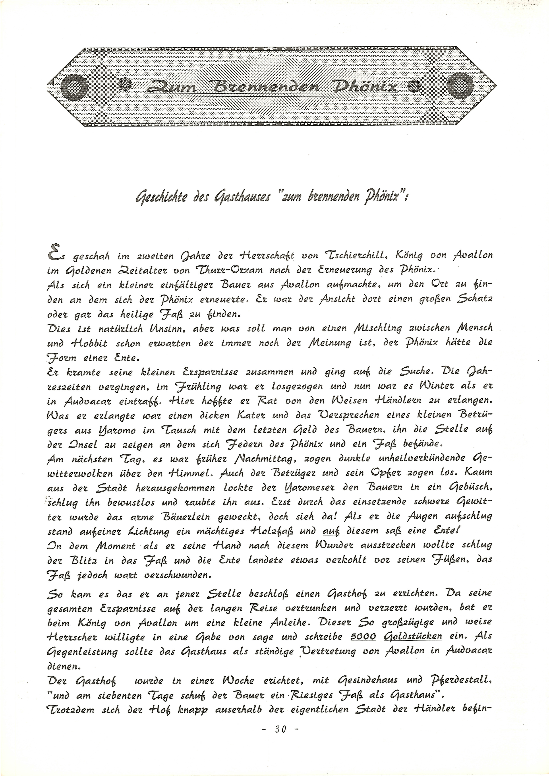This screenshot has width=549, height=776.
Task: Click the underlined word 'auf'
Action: [x=331, y=531]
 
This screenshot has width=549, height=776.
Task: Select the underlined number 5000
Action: [x=363, y=636]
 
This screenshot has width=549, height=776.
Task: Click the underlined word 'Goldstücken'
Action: [x=413, y=636]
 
